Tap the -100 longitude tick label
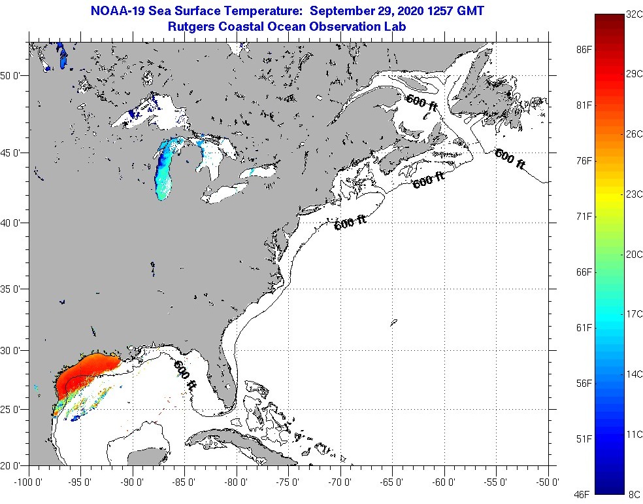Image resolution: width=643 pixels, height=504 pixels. (x=27, y=482)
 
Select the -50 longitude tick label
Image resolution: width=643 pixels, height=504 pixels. (x=547, y=482)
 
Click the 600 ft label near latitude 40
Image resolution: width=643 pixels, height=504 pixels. (x=350, y=223)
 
